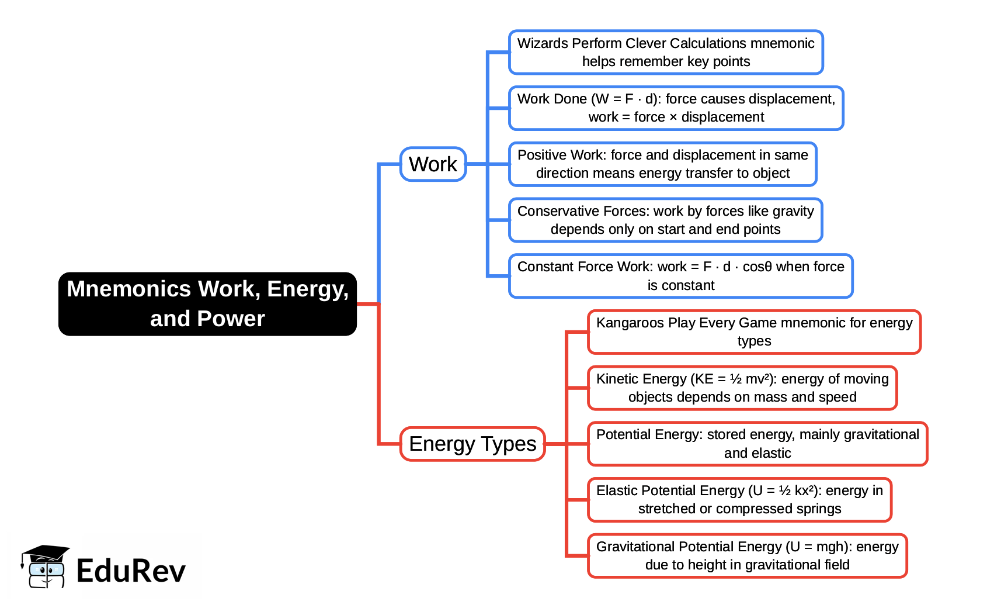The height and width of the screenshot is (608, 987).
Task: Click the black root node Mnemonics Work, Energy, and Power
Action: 207,303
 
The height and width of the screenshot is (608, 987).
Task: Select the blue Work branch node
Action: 433,164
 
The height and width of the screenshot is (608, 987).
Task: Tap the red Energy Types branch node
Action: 472,444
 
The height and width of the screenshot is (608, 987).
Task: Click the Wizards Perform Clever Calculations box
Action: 666,52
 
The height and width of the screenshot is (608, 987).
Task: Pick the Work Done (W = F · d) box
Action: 676,108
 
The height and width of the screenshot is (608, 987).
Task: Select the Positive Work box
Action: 662,164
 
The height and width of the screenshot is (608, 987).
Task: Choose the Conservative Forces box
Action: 665,220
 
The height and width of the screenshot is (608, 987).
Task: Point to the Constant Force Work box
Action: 680,276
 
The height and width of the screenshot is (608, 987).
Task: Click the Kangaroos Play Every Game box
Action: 754,332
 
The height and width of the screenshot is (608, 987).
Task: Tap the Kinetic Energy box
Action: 742,388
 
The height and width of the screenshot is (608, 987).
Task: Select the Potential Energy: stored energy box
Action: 757,444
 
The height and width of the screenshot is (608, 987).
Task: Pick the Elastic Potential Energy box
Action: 739,499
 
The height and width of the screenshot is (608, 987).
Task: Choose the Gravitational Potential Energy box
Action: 747,555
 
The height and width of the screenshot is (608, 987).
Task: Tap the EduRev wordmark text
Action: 131,571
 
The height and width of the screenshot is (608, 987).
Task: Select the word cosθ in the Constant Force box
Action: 757,267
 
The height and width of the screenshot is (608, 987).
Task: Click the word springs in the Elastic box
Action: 818,509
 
